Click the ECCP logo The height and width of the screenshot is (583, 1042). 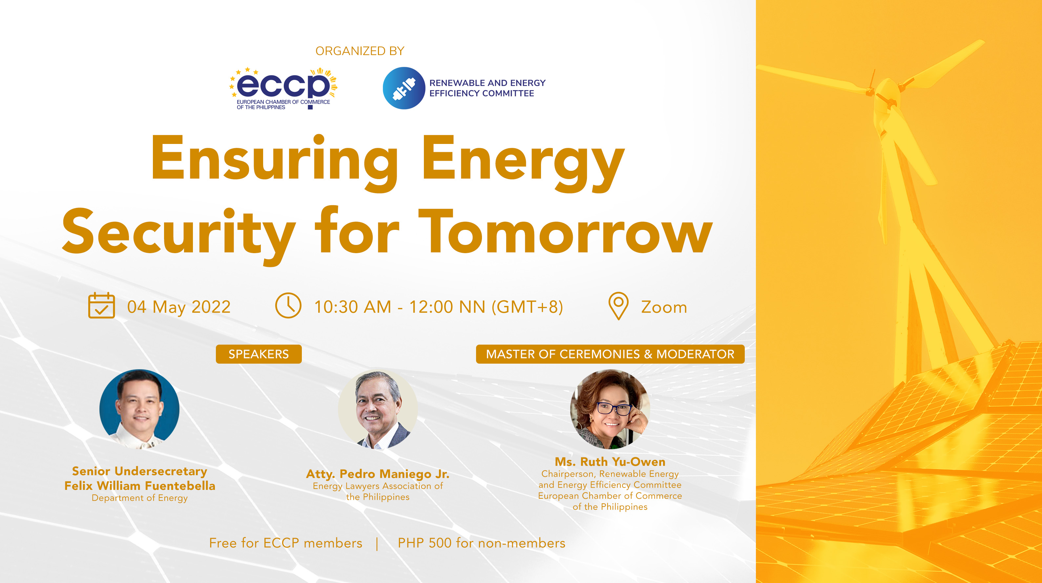[x=283, y=88]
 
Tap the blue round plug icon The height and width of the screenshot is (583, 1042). [x=403, y=88]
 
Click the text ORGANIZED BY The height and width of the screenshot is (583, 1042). [x=360, y=51]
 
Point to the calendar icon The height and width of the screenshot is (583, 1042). [x=101, y=306]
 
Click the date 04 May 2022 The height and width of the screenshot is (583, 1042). [x=179, y=307]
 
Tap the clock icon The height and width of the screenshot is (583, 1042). [x=288, y=306]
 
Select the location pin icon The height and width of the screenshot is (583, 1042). [x=618, y=306]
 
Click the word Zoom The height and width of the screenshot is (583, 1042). [x=664, y=307]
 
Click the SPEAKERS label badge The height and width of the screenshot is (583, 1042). [x=259, y=354]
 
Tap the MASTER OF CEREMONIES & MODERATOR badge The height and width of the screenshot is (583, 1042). [x=610, y=354]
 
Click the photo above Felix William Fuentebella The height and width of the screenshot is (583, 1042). [x=139, y=409]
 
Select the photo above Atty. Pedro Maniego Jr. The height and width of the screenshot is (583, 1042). [x=377, y=409]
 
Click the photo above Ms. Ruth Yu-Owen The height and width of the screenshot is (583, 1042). [x=610, y=409]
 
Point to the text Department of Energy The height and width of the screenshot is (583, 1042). [x=139, y=498]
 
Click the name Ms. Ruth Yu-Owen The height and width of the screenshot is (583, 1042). [x=610, y=462]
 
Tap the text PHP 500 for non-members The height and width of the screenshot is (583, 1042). [x=481, y=543]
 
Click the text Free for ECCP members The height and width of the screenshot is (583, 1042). [x=285, y=543]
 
